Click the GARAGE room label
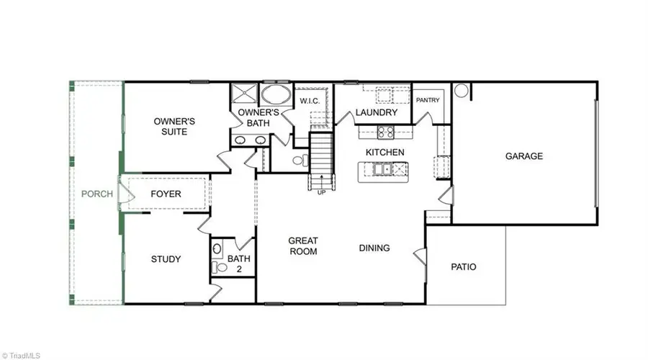[523, 156]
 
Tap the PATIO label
[463, 267]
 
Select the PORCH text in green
[96, 194]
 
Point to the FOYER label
[166, 194]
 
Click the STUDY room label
[166, 259]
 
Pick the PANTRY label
[428, 100]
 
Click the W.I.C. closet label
[310, 101]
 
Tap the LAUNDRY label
[376, 112]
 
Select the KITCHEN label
[384, 153]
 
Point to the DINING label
[374, 248]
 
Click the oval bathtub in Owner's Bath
[276, 94]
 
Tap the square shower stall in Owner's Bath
[244, 94]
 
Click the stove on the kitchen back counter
[386, 132]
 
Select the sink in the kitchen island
[382, 169]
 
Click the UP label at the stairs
[322, 192]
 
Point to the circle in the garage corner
[462, 91]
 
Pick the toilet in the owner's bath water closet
[301, 160]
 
